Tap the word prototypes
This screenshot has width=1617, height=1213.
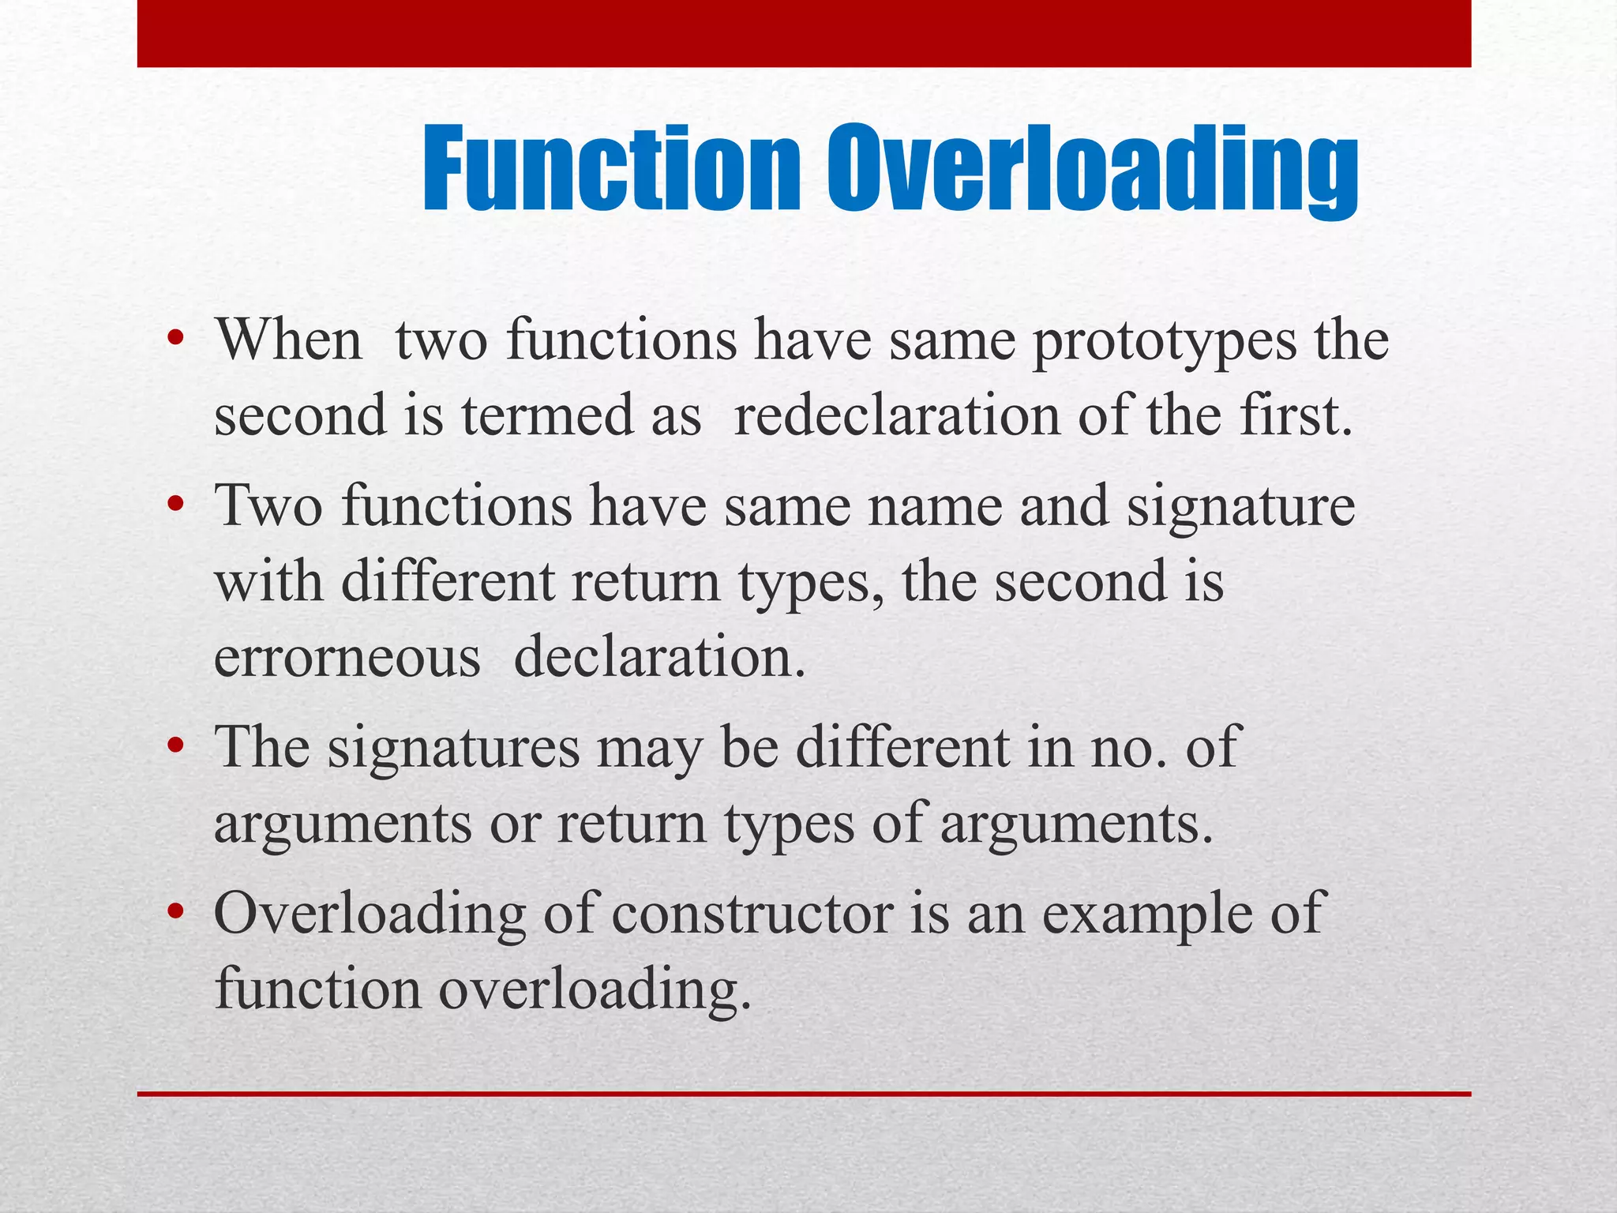(1165, 342)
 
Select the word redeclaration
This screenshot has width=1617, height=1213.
(897, 416)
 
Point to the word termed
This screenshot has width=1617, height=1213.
(547, 416)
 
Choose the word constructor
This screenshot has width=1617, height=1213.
(752, 914)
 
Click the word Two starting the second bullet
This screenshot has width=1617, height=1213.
(268, 506)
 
